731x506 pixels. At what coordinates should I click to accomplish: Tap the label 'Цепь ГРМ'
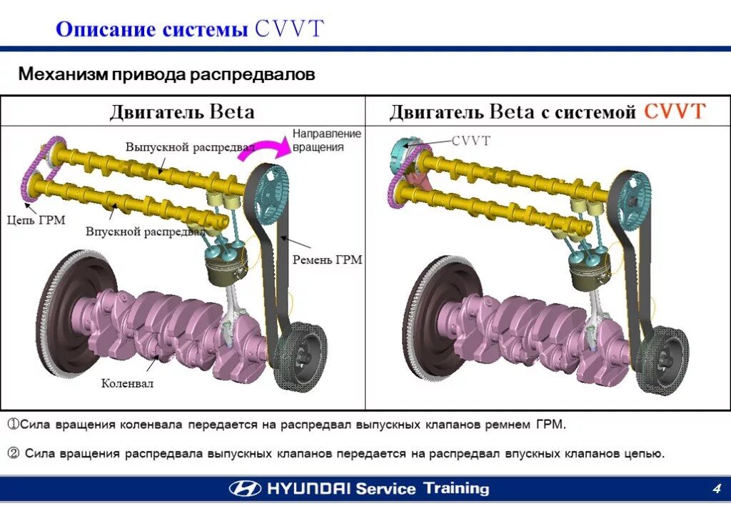[x=36, y=220]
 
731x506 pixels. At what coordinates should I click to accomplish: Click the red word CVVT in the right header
[x=675, y=111]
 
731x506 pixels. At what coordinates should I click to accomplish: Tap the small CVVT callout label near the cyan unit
[x=470, y=141]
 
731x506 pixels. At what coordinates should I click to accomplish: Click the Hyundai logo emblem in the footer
[x=245, y=489]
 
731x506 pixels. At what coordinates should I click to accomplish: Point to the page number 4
[x=715, y=488]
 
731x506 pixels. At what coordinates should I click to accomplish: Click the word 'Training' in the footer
[x=456, y=489]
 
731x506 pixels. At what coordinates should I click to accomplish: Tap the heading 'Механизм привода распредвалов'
[x=166, y=74]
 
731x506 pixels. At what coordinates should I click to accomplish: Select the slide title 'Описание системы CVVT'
[x=190, y=29]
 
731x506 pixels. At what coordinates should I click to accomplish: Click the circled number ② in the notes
[x=14, y=453]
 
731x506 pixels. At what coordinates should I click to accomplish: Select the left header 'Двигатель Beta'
[x=181, y=111]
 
